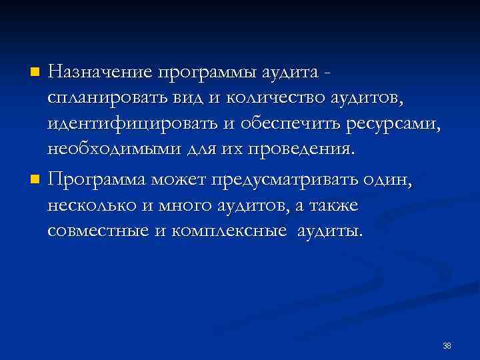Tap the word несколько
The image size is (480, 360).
tap(92, 206)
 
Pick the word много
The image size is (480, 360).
tap(186, 206)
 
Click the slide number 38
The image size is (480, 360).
tap(447, 345)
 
